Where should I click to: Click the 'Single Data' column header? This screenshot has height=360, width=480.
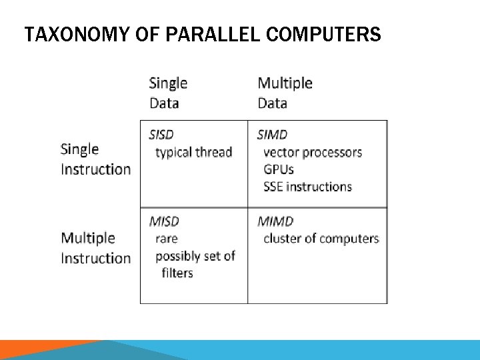pyautogui.click(x=168, y=93)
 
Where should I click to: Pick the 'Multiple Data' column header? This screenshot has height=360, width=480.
pyautogui.click(x=285, y=93)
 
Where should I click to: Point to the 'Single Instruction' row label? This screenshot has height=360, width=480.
pyautogui.click(x=95, y=159)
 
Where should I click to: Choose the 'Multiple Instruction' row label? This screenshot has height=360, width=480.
pyautogui.click(x=95, y=248)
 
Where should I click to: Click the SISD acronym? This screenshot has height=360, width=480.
pyautogui.click(x=162, y=135)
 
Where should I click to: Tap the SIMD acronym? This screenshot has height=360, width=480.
pyautogui.click(x=272, y=135)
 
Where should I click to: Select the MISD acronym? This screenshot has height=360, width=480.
pyautogui.click(x=164, y=221)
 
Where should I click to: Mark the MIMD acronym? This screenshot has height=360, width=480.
pyautogui.click(x=275, y=221)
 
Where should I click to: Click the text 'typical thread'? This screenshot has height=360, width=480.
pyautogui.click(x=193, y=152)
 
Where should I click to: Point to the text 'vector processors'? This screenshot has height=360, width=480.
pyautogui.click(x=313, y=152)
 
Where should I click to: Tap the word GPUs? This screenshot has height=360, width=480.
pyautogui.click(x=279, y=169)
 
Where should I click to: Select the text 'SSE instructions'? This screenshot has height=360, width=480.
pyautogui.click(x=307, y=187)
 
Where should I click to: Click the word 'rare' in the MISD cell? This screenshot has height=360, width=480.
pyautogui.click(x=167, y=239)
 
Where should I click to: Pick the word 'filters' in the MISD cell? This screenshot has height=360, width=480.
pyautogui.click(x=177, y=273)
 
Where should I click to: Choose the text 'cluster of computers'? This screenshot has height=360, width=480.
pyautogui.click(x=321, y=239)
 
